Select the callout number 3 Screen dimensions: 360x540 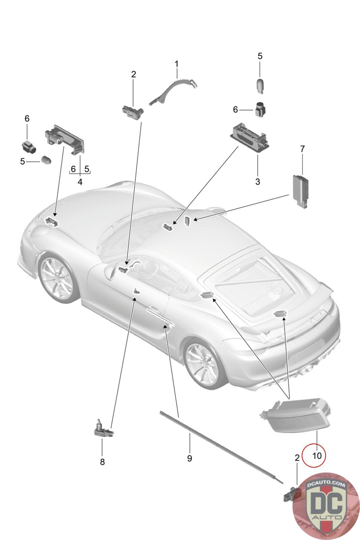tap(257, 182)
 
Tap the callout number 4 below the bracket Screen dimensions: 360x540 tap(80, 182)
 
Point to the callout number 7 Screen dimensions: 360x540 tap(302, 148)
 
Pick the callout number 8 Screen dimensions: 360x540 tap(102, 462)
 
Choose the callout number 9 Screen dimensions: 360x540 tap(190, 458)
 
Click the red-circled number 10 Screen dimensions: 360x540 tap(317, 456)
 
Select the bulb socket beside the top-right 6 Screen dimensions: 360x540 tap(260, 109)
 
